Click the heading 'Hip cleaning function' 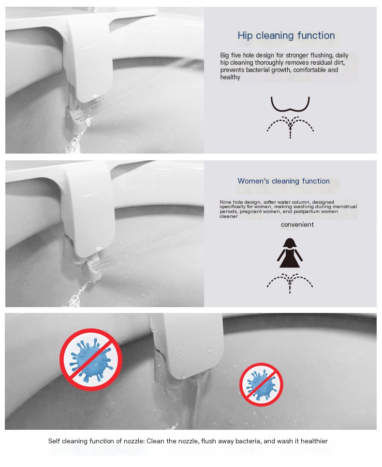(x=286, y=36)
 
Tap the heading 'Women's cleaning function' (x=283, y=181)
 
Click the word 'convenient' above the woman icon (x=297, y=225)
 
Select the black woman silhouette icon (x=290, y=253)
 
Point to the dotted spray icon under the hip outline (x=290, y=126)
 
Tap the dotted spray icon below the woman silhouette (x=290, y=283)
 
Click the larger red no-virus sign (x=90, y=360)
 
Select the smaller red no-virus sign (x=261, y=384)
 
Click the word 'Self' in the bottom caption (x=54, y=441)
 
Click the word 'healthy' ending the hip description (x=230, y=77)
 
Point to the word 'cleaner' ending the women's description (x=229, y=216)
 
